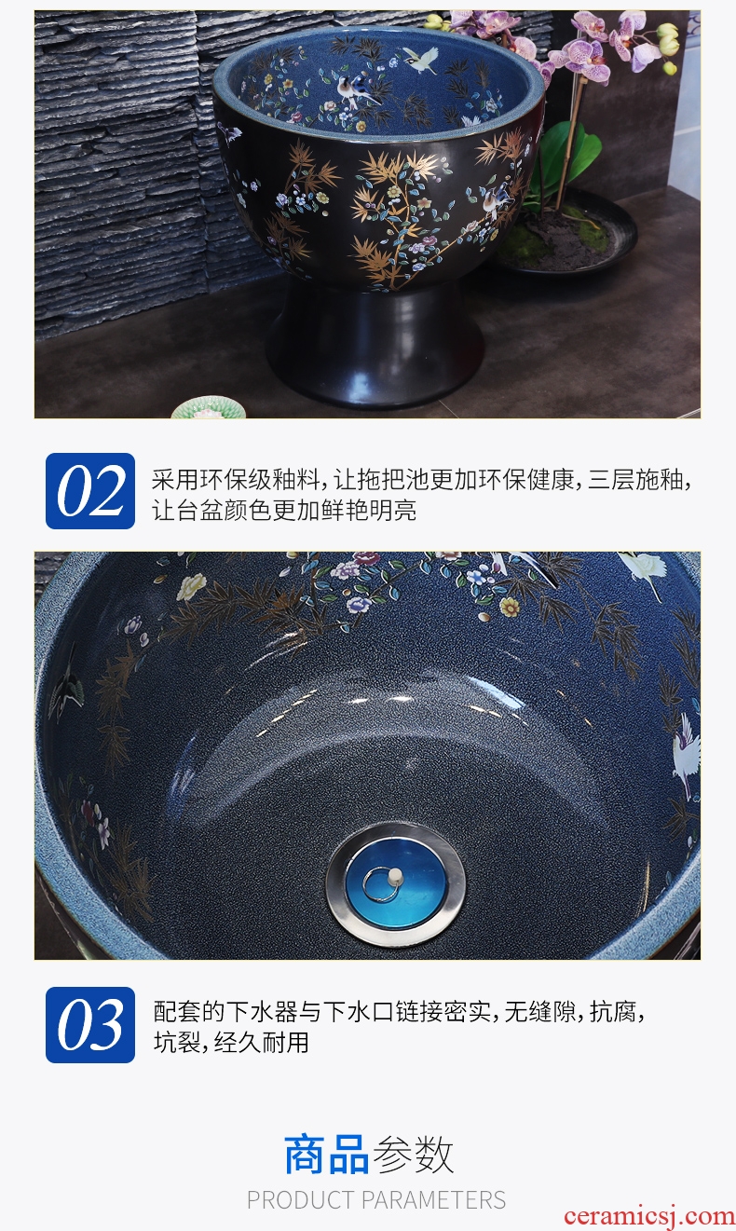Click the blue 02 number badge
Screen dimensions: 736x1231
(x=90, y=491)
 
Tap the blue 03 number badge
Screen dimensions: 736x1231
(x=90, y=1024)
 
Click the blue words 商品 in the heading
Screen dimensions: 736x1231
(x=326, y=1154)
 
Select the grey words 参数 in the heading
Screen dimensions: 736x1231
(x=413, y=1154)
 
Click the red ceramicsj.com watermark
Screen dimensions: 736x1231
(x=649, y=1215)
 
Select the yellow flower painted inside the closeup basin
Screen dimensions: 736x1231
(x=511, y=606)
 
